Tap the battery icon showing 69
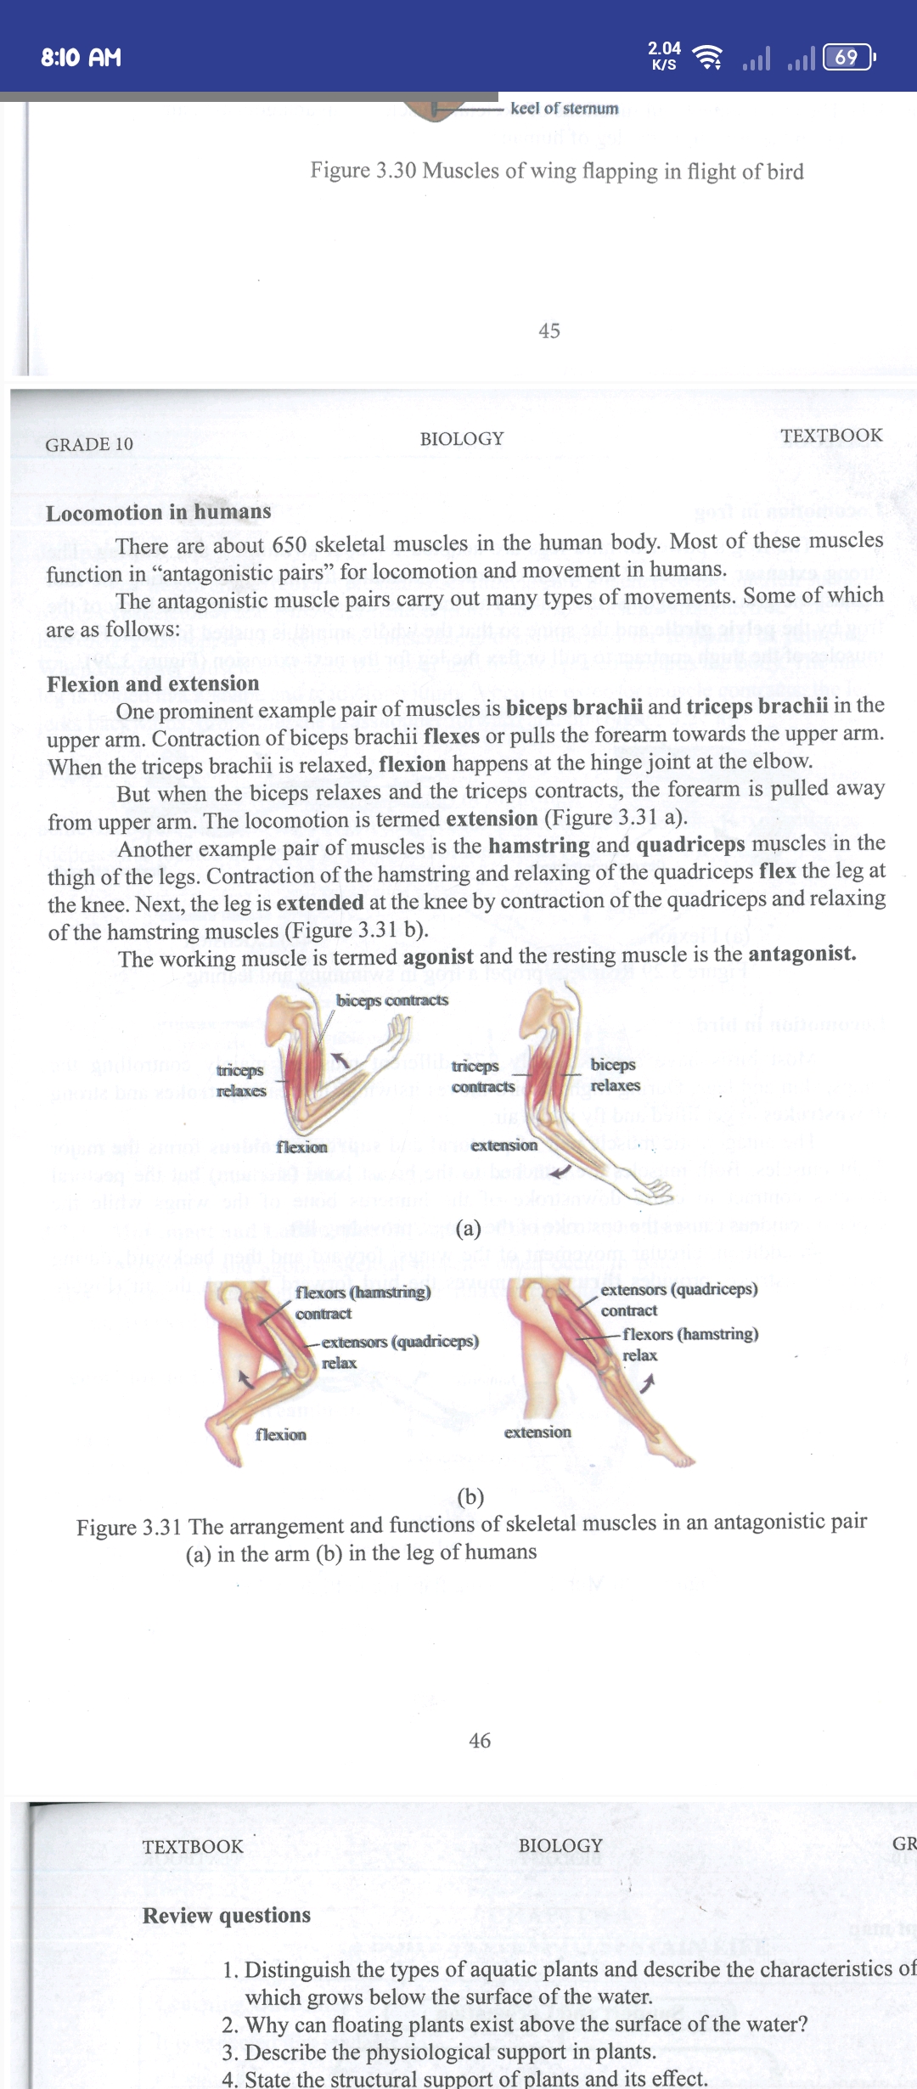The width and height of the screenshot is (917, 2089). click(x=847, y=57)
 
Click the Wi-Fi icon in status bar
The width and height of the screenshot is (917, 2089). click(x=707, y=57)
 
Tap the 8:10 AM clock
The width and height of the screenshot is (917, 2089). click(x=82, y=58)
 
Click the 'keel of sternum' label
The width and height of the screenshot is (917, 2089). click(x=564, y=109)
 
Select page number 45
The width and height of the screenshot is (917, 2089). click(x=549, y=331)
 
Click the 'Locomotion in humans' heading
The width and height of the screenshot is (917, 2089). click(x=159, y=512)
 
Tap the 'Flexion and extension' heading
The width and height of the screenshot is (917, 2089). click(x=153, y=684)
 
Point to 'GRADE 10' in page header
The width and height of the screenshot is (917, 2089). click(x=89, y=444)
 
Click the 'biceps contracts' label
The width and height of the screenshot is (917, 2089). click(x=392, y=1000)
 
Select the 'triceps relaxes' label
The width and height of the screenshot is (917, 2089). click(x=240, y=1080)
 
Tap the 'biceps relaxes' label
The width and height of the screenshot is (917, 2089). click(x=615, y=1075)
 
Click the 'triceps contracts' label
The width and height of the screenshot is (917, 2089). click(x=482, y=1076)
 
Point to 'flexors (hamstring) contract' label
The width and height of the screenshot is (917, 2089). click(x=363, y=1302)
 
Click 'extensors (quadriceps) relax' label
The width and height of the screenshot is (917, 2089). click(x=399, y=1351)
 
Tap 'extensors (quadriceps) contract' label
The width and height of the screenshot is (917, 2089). click(x=678, y=1299)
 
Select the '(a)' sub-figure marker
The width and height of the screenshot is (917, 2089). click(x=469, y=1228)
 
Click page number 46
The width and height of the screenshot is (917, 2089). click(x=480, y=1741)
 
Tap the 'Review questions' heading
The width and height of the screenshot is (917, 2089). click(x=227, y=1915)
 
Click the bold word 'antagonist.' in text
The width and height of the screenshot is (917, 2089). click(x=802, y=954)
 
